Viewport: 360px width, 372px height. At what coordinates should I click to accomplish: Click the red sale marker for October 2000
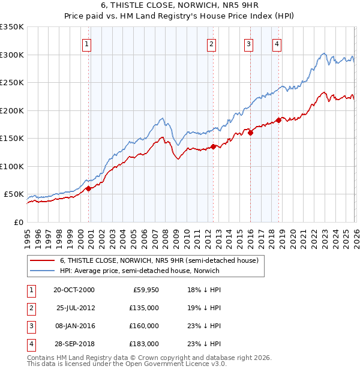click(x=88, y=188)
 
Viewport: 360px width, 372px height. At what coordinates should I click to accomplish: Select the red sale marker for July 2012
click(x=213, y=146)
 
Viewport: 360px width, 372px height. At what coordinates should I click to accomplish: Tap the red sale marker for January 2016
click(x=250, y=133)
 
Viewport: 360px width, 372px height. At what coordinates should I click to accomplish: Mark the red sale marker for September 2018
click(x=279, y=120)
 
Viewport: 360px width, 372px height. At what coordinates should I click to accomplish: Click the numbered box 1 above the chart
click(x=87, y=43)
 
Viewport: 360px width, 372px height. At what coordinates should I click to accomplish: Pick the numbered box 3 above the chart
click(x=248, y=43)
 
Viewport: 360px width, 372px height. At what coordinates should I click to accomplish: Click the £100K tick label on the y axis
click(x=12, y=166)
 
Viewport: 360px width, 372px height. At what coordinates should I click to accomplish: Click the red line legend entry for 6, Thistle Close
click(x=159, y=261)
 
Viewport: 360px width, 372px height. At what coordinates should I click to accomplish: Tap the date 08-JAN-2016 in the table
click(x=76, y=326)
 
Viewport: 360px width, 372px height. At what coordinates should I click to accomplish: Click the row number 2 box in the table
click(x=31, y=308)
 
